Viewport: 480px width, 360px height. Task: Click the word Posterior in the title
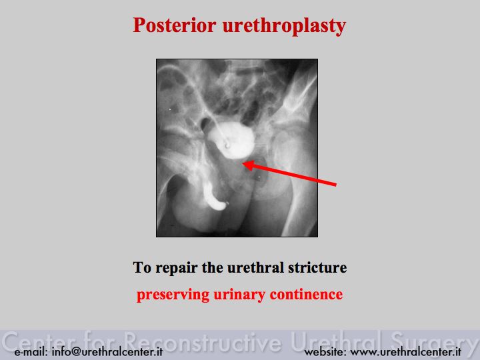pyautogui.click(x=175, y=25)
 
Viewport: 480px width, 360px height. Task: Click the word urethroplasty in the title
pyautogui.click(x=284, y=27)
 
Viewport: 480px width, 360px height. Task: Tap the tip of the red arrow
pyautogui.click(x=243, y=164)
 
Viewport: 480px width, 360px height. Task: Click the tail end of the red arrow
pyautogui.click(x=336, y=185)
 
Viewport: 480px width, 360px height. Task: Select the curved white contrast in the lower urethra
pyautogui.click(x=214, y=198)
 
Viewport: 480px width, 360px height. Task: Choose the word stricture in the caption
pyautogui.click(x=317, y=267)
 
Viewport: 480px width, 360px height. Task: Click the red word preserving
pyautogui.click(x=173, y=295)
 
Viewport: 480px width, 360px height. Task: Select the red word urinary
pyautogui.click(x=240, y=295)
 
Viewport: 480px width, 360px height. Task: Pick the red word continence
pyautogui.click(x=306, y=294)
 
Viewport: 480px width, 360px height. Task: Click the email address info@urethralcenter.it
pyautogui.click(x=107, y=351)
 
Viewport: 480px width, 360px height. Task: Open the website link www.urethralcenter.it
pyautogui.click(x=405, y=351)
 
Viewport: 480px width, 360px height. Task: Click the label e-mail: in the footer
pyautogui.click(x=31, y=351)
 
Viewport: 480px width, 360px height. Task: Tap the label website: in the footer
pyautogui.click(x=325, y=351)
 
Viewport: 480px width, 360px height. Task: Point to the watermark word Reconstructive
pyautogui.click(x=203, y=341)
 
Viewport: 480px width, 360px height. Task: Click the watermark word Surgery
pyautogui.click(x=435, y=342)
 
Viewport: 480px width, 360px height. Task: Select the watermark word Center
pyautogui.click(x=41, y=341)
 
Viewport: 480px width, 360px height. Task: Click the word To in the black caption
pyautogui.click(x=142, y=267)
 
